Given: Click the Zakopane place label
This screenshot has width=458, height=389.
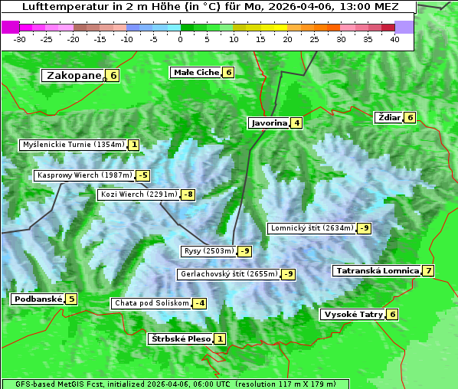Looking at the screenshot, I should pyautogui.click(x=74, y=75).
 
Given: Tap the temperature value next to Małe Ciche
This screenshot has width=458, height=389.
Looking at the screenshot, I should pyautogui.click(x=228, y=73).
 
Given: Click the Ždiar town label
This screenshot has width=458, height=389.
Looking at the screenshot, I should pyautogui.click(x=388, y=117).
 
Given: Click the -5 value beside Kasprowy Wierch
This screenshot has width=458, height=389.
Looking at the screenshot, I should pyautogui.click(x=142, y=175).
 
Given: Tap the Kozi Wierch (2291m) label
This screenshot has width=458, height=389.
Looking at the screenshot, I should pyautogui.click(x=139, y=194).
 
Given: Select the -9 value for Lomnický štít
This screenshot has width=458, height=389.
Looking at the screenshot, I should pyautogui.click(x=365, y=228).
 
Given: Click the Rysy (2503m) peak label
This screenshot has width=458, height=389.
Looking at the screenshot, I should pyautogui.click(x=208, y=251).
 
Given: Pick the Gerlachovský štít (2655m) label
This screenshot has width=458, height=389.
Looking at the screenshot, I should pyautogui.click(x=228, y=274).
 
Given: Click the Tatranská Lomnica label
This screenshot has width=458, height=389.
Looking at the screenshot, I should pyautogui.click(x=376, y=270).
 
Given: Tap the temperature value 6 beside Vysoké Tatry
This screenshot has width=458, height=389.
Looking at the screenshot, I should pyautogui.click(x=392, y=314).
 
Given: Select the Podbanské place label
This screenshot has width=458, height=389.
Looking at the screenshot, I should pyautogui.click(x=37, y=299).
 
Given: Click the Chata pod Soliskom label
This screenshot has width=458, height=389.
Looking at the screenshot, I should pyautogui.click(x=150, y=303).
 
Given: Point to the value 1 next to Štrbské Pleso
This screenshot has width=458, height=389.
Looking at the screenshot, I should pyautogui.click(x=220, y=338).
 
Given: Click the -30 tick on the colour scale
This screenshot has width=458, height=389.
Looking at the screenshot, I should pyautogui.click(x=20, y=39).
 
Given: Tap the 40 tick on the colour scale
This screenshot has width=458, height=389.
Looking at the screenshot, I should pyautogui.click(x=394, y=39).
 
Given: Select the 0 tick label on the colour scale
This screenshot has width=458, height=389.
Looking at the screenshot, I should pyautogui.click(x=180, y=39).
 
